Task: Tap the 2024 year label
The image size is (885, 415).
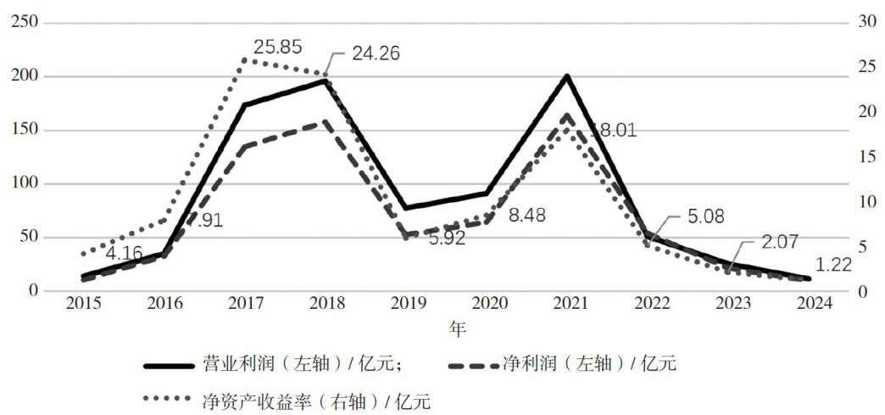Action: [x=810, y=305]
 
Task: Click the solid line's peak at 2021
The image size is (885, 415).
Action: [x=566, y=76]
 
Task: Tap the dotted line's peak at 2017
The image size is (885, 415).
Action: [x=246, y=59]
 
